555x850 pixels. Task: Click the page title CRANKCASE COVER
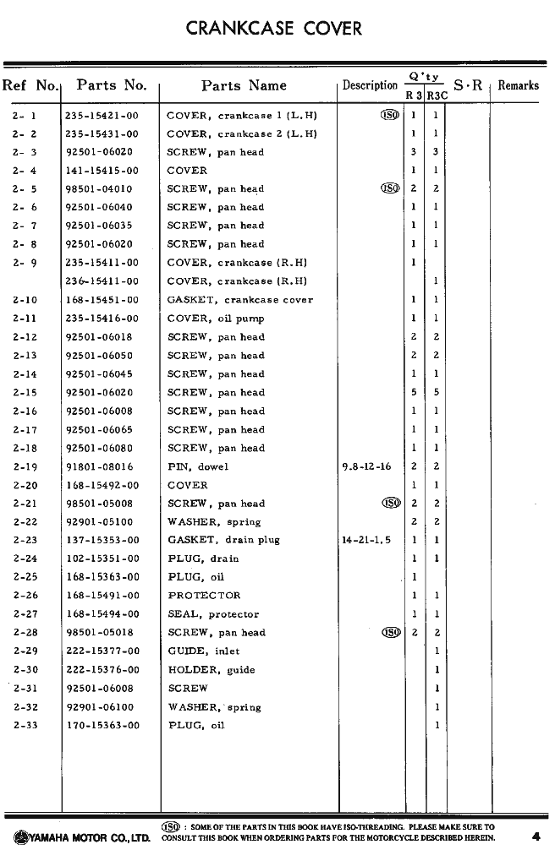pyautogui.click(x=274, y=29)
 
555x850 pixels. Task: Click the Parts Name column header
pyautogui.click(x=244, y=86)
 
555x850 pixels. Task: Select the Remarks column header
pyautogui.click(x=518, y=85)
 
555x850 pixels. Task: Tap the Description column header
pyautogui.click(x=370, y=85)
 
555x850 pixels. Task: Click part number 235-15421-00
pyautogui.click(x=102, y=116)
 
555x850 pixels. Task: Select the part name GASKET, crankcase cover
pyautogui.click(x=239, y=300)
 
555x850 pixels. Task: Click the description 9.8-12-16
pyautogui.click(x=366, y=466)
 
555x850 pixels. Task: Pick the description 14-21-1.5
pyautogui.click(x=366, y=540)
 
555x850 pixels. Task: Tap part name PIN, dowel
pyautogui.click(x=197, y=466)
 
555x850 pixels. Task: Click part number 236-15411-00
pyautogui.click(x=102, y=281)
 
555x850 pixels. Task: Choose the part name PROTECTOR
pyautogui.click(x=204, y=596)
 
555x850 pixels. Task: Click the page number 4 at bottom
pyautogui.click(x=536, y=837)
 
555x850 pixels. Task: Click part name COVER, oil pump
pyautogui.click(x=216, y=319)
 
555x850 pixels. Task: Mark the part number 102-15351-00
pyautogui.click(x=102, y=558)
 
